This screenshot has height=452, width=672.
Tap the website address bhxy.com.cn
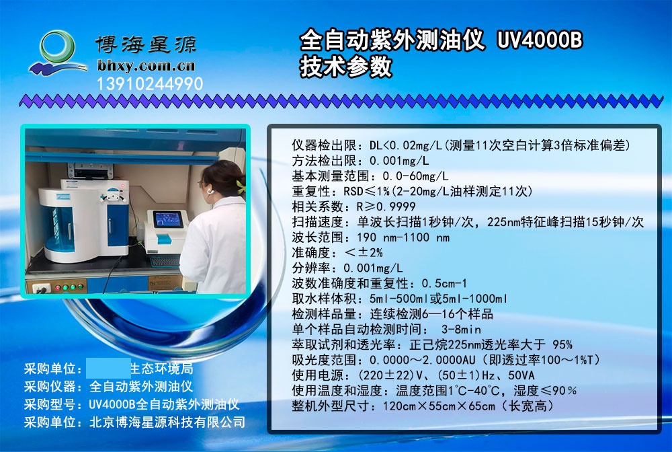[x=146, y=66]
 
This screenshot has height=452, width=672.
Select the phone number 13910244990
[x=150, y=84]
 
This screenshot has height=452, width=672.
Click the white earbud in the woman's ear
[x=209, y=190]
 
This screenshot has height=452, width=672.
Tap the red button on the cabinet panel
[x=58, y=287]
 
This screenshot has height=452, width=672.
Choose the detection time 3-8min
[x=461, y=330]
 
